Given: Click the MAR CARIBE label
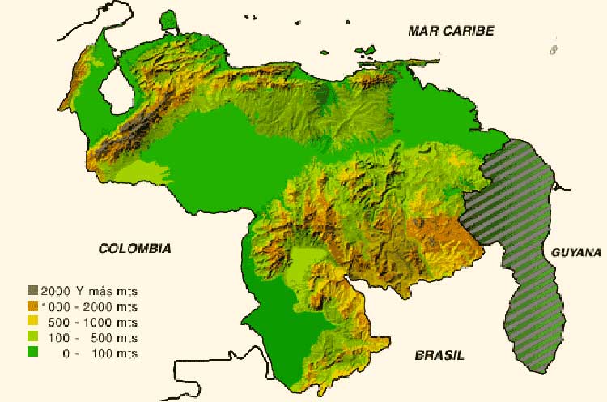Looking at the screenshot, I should pos(451,31).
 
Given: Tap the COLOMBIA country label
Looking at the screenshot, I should pos(135,249).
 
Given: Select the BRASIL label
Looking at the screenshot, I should pos(439,355).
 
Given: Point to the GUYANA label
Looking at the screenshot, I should pos(576,253).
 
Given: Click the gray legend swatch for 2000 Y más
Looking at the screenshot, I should pos(33,290).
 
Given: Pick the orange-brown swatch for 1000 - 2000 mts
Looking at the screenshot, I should pos(33,306).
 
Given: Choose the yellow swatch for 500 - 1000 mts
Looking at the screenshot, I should pos(33,322).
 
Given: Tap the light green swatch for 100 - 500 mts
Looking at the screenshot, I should pos(33,337).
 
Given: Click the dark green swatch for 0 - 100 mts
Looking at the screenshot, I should pos(33,353).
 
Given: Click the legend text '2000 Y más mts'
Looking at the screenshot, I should pos(90,290).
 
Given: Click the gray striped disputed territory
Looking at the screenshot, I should pos(526,243).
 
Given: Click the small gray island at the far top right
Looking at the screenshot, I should pos(554,49).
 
